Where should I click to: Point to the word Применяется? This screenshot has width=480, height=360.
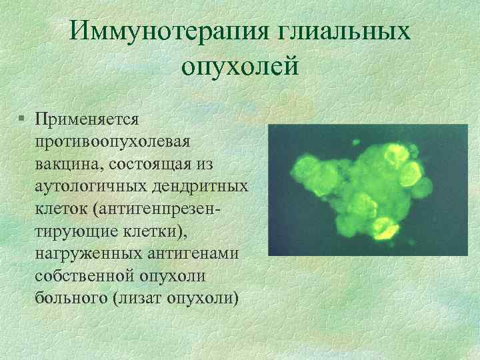tap(87, 119)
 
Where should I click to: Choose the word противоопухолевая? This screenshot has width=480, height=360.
tap(114, 142)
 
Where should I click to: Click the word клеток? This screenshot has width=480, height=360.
tap(62, 209)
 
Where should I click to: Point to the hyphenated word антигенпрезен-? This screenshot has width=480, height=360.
tap(167, 209)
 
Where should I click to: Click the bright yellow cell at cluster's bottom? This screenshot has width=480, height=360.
tap(383, 228)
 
